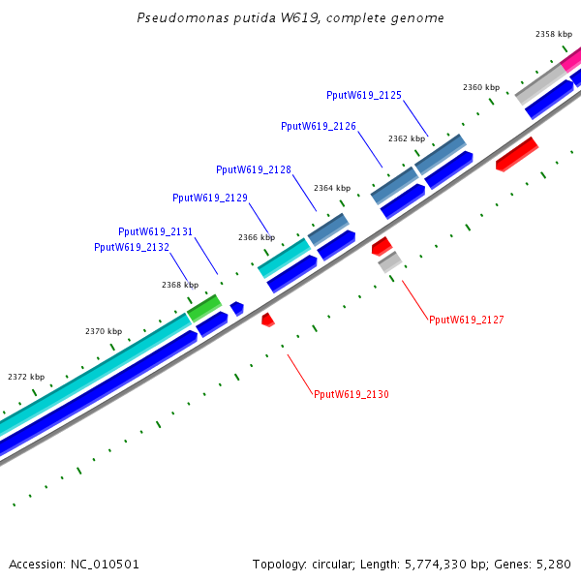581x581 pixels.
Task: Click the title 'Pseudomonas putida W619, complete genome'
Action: point(290,18)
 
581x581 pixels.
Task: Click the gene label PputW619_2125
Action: point(364,95)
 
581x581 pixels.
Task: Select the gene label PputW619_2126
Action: point(319,126)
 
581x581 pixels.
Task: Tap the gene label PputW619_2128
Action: point(254,169)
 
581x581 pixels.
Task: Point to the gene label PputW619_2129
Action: point(210,198)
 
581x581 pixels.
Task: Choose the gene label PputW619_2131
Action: point(156,231)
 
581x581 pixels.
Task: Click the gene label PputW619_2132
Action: point(132,247)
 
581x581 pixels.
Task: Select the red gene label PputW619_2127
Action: point(467,319)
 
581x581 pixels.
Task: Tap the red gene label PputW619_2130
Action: point(352,394)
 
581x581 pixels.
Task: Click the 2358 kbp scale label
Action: point(554,34)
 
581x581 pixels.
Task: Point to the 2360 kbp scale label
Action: point(481,87)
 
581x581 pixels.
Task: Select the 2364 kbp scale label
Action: point(332,188)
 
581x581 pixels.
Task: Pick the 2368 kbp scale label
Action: point(180,285)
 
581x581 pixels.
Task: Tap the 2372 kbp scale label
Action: point(26,377)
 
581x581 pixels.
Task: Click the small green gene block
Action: point(204,309)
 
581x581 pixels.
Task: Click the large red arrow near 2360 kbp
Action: point(516,154)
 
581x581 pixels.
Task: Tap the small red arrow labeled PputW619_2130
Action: point(268,320)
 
